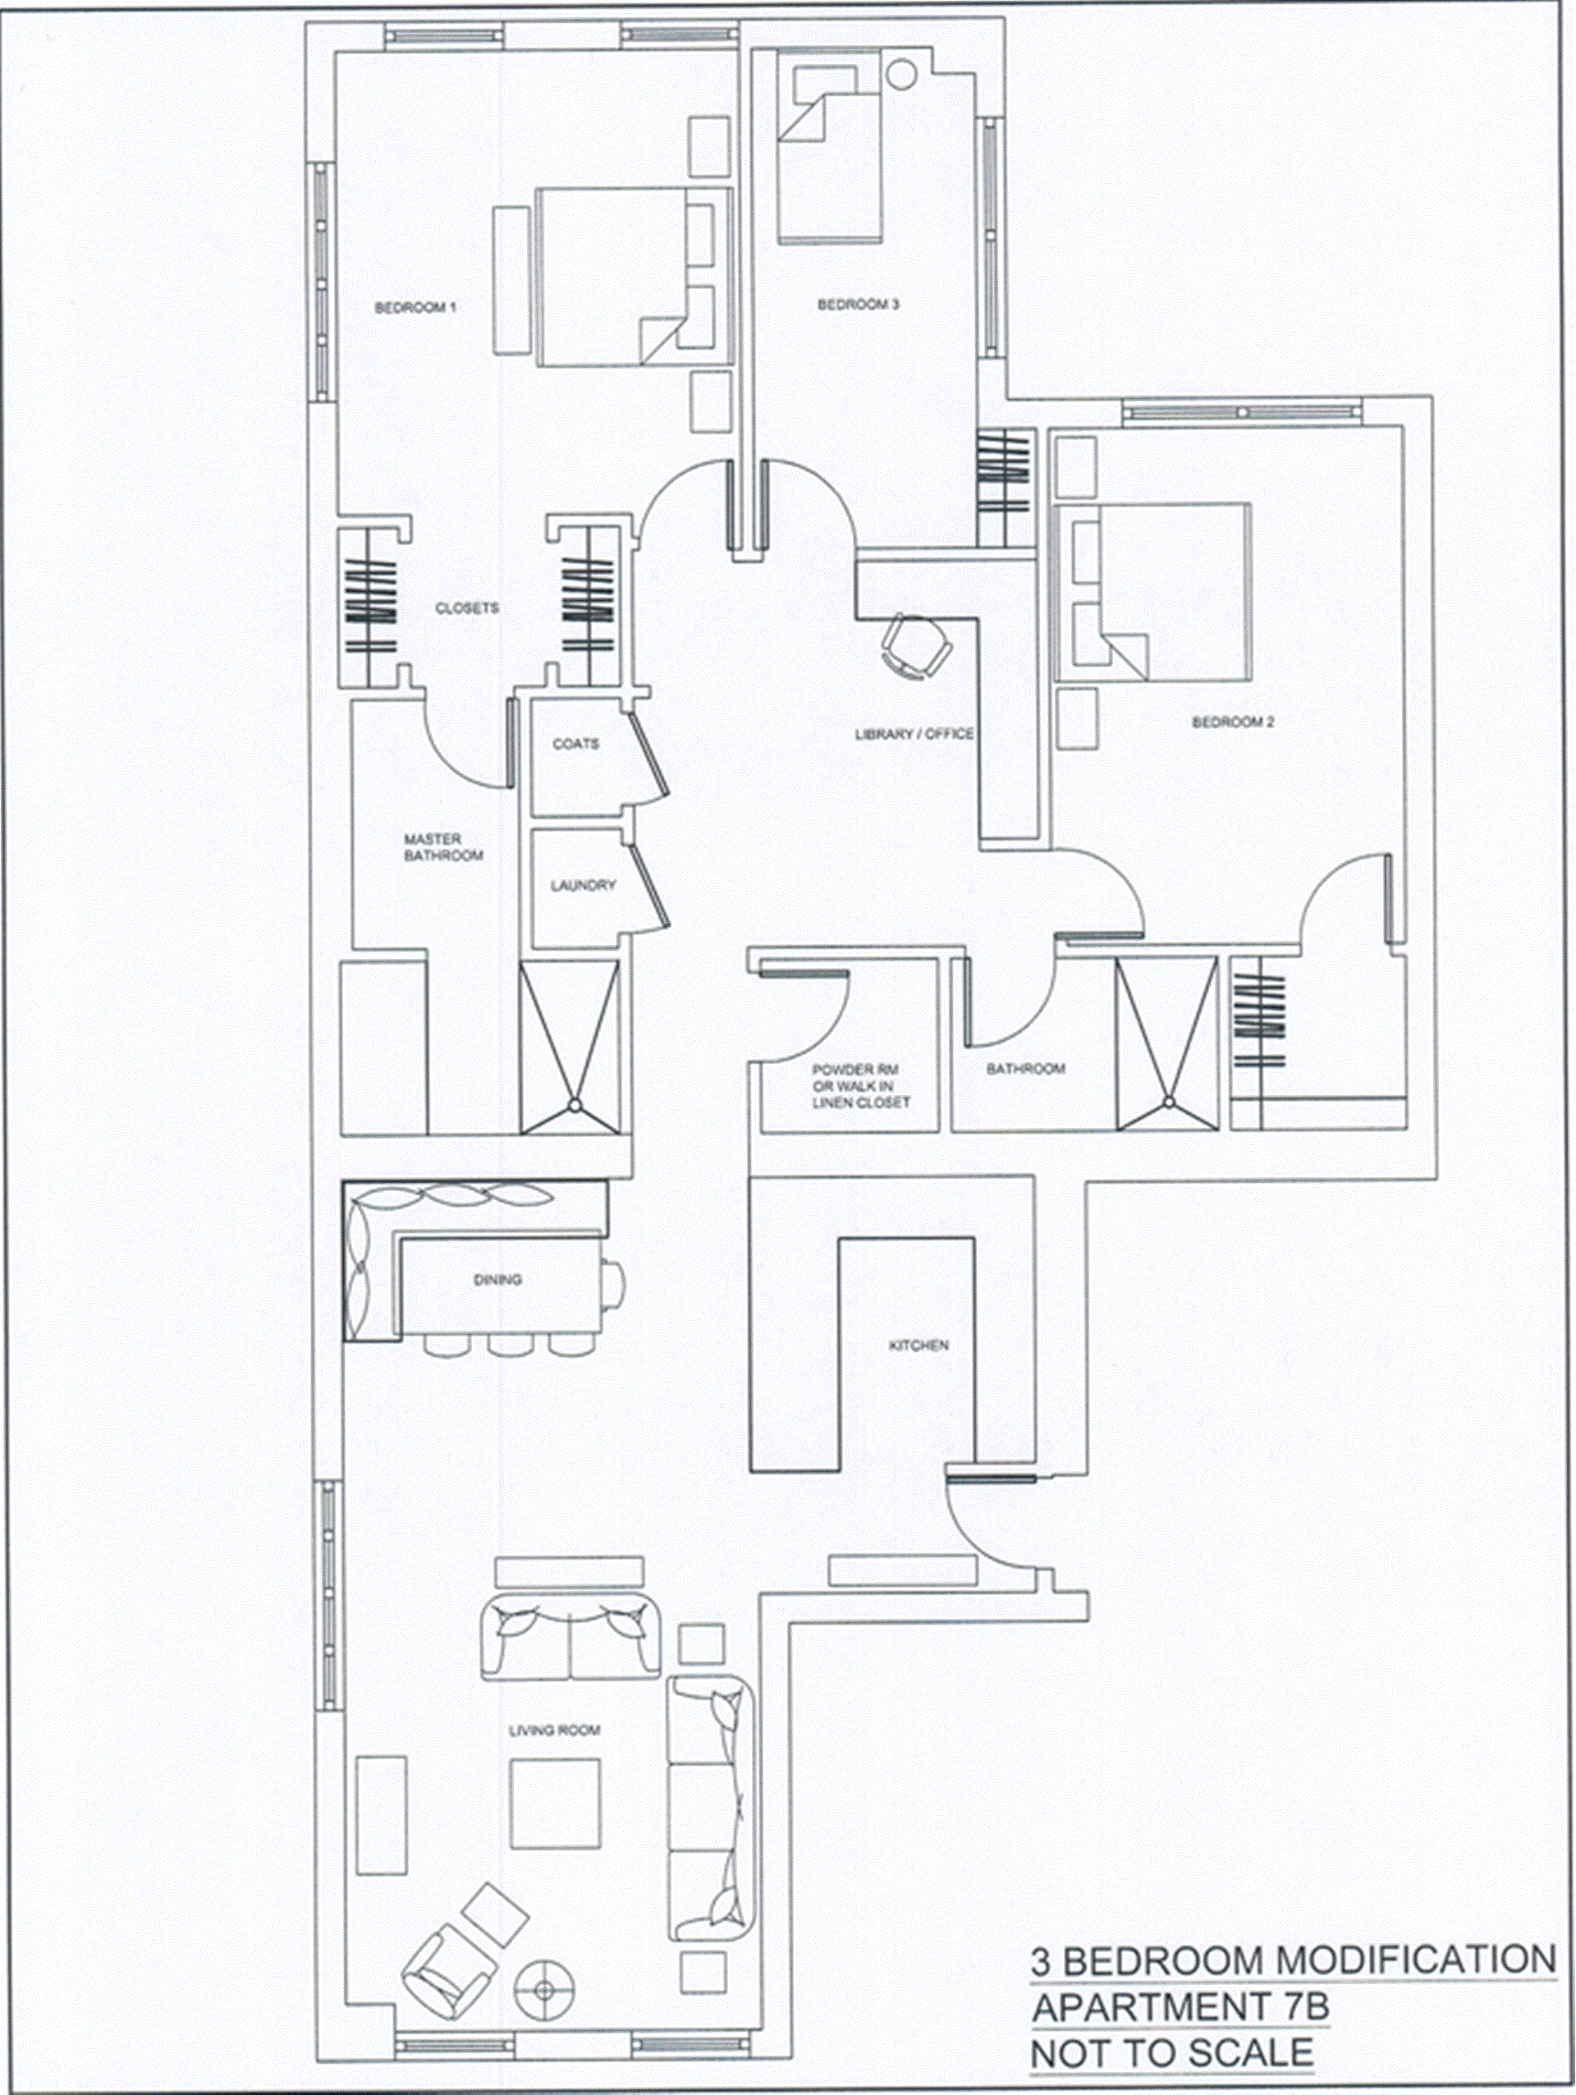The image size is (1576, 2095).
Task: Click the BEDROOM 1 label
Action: pyautogui.click(x=415, y=308)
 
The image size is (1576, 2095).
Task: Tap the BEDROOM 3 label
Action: pyautogui.click(x=858, y=305)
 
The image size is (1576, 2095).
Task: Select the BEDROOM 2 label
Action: pyautogui.click(x=1232, y=722)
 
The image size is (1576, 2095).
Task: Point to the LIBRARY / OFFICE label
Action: pyautogui.click(x=914, y=734)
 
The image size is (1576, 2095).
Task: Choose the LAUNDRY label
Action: pyautogui.click(x=583, y=886)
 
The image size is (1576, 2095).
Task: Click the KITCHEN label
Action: pyautogui.click(x=919, y=1345)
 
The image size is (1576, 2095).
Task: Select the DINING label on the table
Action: pyautogui.click(x=497, y=1281)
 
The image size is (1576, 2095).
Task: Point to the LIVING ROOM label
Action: pyautogui.click(x=554, y=1731)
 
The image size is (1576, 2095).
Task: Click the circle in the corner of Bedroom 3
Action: pyautogui.click(x=900, y=74)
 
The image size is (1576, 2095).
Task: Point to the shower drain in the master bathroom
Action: pyautogui.click(x=574, y=1105)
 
